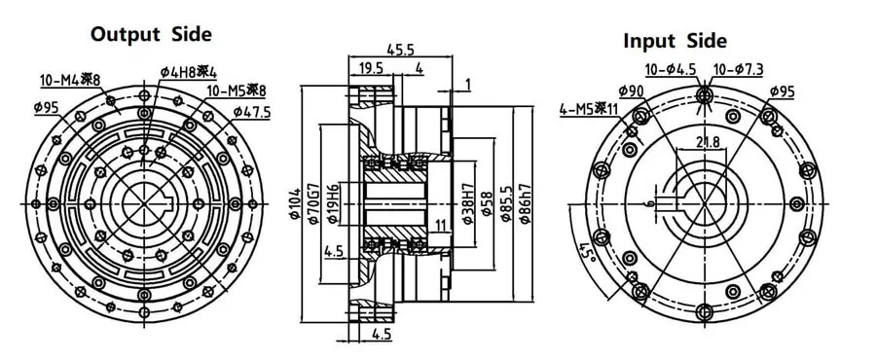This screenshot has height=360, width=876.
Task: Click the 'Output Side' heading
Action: (x=152, y=34)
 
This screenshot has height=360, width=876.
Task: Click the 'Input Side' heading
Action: (x=675, y=40)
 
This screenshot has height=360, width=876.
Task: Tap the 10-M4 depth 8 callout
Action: (x=70, y=80)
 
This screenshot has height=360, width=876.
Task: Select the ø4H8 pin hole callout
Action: (x=188, y=72)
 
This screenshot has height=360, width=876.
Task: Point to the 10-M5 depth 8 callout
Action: (x=237, y=90)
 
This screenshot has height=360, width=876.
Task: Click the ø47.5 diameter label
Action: (x=251, y=112)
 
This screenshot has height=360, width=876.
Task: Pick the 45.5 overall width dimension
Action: (x=400, y=49)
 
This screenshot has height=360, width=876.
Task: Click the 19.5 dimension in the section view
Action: (x=371, y=68)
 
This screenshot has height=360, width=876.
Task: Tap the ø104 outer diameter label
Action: (x=296, y=204)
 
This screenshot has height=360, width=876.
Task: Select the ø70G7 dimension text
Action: (x=313, y=203)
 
